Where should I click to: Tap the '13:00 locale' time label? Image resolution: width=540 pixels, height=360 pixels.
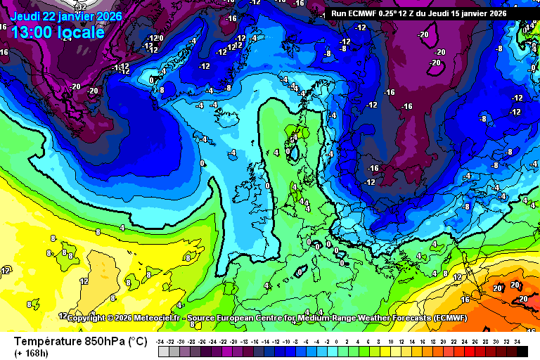pyautogui.click(x=58, y=32)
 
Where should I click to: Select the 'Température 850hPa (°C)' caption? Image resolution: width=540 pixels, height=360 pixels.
pyautogui.click(x=80, y=342)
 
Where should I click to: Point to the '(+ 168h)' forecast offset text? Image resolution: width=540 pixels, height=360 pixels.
pyautogui.click(x=32, y=354)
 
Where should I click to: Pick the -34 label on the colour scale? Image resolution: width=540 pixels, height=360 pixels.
pyautogui.click(x=161, y=341)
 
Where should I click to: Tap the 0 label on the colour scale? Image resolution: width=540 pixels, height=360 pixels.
pyautogui.click(x=337, y=341)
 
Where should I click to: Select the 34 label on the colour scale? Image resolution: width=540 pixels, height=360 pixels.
pyautogui.click(x=517, y=341)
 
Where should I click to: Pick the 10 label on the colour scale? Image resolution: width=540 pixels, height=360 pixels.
pyautogui.click(x=390, y=341)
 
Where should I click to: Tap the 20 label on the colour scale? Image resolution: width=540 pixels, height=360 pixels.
pyautogui.click(x=443, y=341)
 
